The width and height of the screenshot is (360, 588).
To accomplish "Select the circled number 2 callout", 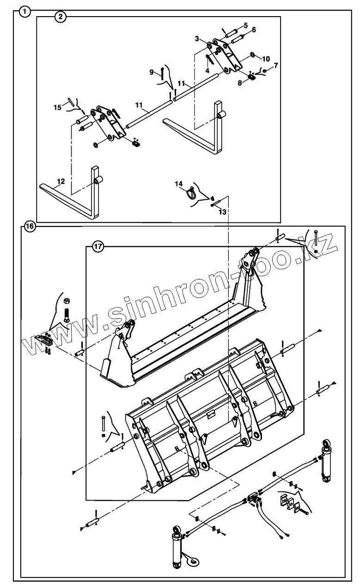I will pos(61,17).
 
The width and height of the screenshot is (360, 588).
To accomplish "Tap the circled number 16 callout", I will pos(30,227).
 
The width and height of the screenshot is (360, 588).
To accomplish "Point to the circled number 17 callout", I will pos(97,246).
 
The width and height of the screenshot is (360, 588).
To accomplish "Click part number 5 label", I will pos(246,24).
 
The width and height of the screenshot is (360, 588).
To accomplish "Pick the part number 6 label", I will pos(253,30).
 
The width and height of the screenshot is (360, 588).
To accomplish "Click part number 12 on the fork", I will pos(61,180).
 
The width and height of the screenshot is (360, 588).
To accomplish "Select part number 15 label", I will pos(57,107).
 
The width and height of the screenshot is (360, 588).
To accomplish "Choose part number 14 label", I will pos(179,184).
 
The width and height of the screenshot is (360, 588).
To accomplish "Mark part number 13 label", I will pos(223,212).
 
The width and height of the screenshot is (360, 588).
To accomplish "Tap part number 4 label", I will pos(207,71).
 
